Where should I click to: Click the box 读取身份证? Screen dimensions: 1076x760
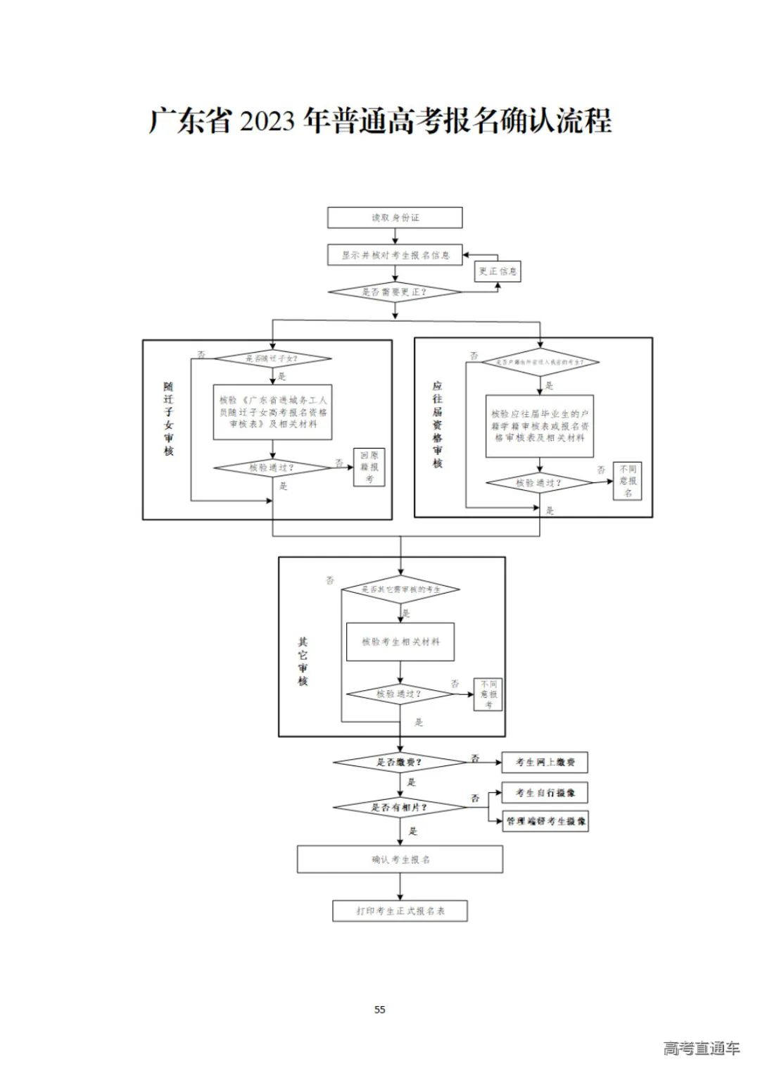click(395, 218)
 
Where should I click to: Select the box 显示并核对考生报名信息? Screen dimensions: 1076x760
click(395, 255)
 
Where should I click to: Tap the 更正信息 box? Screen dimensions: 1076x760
click(498, 271)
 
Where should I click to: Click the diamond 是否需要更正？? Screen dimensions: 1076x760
click(395, 292)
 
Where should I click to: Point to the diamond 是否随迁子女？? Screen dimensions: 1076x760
click(272, 359)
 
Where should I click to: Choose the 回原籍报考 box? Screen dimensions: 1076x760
click(369, 467)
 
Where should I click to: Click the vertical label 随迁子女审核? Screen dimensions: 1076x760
click(168, 419)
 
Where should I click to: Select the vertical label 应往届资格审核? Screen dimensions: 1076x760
click(437, 425)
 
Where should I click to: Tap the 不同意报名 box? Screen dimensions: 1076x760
click(627, 480)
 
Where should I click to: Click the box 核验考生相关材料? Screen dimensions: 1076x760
click(400, 642)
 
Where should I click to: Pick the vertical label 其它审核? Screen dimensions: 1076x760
click(303, 662)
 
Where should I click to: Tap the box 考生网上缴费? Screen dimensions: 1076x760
click(545, 763)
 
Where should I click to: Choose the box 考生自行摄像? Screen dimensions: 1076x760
click(545, 793)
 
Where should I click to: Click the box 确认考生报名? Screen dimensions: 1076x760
click(400, 859)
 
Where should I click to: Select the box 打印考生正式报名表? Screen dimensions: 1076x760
click(400, 911)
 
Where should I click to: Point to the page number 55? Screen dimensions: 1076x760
click(380, 1010)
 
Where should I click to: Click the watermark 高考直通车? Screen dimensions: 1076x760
click(702, 1048)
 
